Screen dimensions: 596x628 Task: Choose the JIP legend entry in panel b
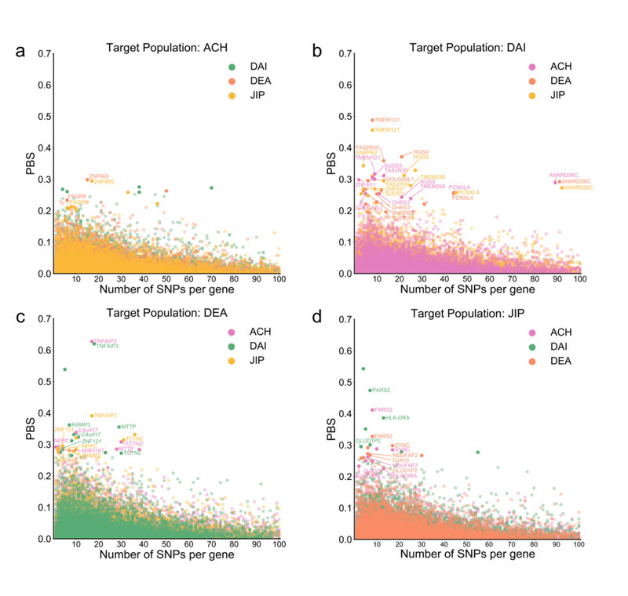559,96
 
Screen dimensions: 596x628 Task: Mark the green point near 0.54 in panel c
64,369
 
